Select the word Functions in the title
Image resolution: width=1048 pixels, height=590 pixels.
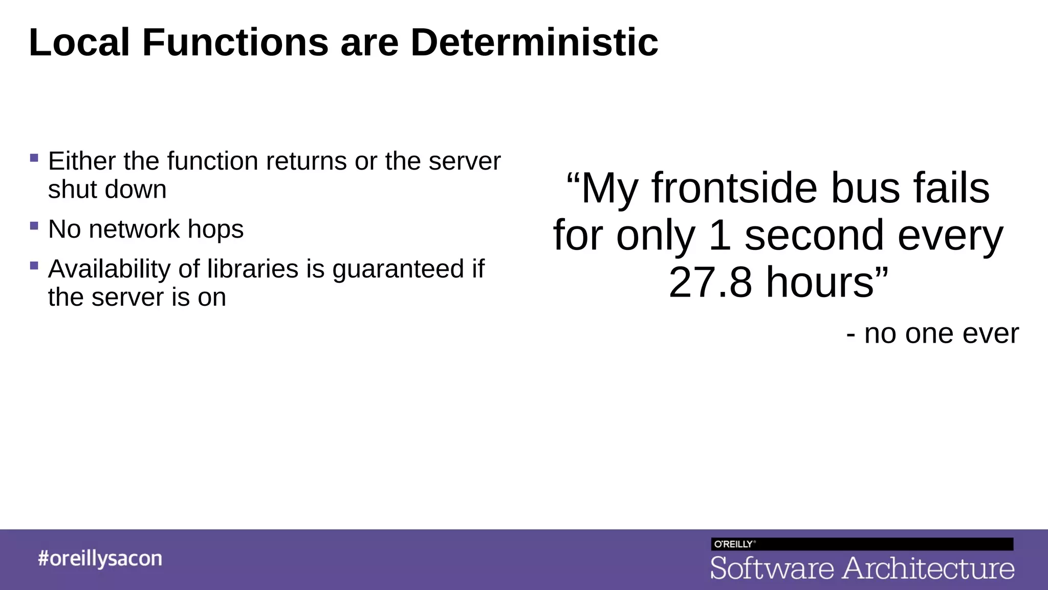(x=235, y=43)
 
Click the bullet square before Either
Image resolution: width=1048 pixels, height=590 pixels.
(x=34, y=158)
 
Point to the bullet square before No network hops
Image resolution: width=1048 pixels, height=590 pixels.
(x=34, y=226)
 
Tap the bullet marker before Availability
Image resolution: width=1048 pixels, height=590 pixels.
(x=34, y=265)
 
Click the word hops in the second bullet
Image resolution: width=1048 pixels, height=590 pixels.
(x=215, y=229)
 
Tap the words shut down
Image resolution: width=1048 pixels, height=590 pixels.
(x=107, y=189)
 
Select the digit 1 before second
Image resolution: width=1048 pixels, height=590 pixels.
(x=720, y=236)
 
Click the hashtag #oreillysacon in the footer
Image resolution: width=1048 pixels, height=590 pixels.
(x=100, y=558)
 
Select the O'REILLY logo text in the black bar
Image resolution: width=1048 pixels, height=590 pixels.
(x=733, y=544)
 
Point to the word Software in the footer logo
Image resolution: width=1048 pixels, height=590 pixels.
(x=772, y=568)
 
